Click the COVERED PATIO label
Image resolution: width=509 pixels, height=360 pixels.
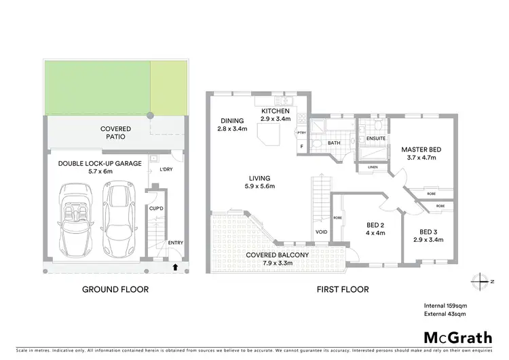pyautogui.click(x=115, y=132)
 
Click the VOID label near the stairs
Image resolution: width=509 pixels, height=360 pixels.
pyautogui.click(x=322, y=233)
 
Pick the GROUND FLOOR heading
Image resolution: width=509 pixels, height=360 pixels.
pyautogui.click(x=115, y=289)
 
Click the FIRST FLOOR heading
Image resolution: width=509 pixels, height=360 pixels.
pyautogui.click(x=343, y=289)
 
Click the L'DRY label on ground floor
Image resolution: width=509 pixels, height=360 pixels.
pyautogui.click(x=166, y=170)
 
